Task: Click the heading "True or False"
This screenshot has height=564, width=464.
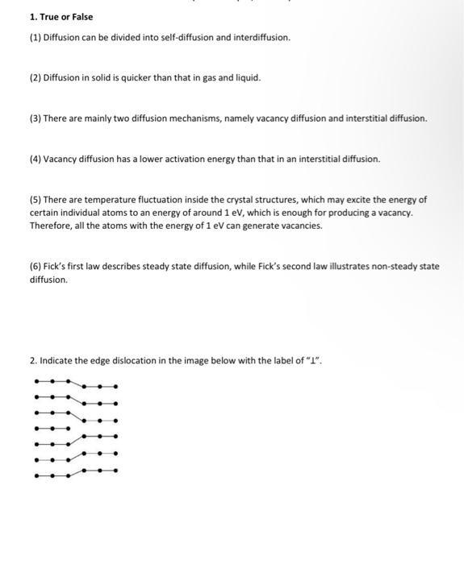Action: pyautogui.click(x=65, y=17)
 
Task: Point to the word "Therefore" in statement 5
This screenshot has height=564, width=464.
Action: pyautogui.click(x=49, y=226)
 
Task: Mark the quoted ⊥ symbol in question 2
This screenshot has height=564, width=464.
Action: pyautogui.click(x=313, y=360)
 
